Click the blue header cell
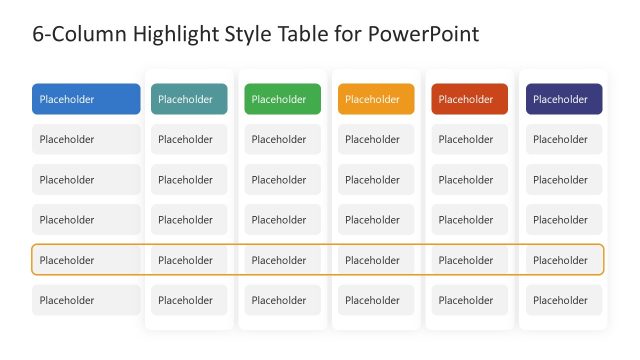tap(86, 99)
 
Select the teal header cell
tap(189, 99)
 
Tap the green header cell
tap(282, 99)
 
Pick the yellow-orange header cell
tap(376, 99)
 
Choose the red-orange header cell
tap(469, 99)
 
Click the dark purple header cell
tap(564, 99)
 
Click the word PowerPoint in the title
tap(424, 34)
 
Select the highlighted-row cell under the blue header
tap(86, 260)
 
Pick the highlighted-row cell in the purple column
tap(564, 260)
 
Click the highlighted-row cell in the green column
tap(282, 260)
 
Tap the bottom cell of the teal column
tap(189, 300)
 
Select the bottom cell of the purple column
tap(564, 300)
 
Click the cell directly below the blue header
tap(86, 139)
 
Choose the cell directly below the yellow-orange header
tap(376, 139)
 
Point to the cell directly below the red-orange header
tap(469, 139)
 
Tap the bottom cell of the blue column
tap(86, 300)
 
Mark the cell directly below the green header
tap(282, 139)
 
